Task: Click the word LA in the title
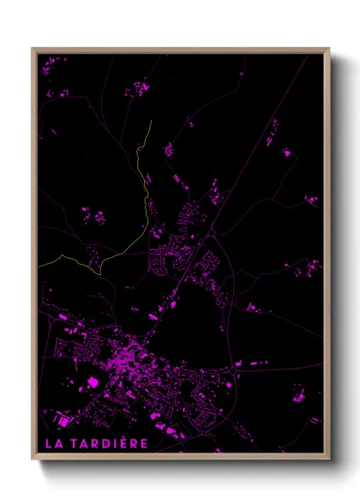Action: [53, 443]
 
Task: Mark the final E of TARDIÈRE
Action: [144, 443]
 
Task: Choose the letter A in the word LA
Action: [58, 443]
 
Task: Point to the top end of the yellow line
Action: [151, 121]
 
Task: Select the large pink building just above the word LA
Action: [61, 420]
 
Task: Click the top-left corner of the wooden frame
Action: [33, 49]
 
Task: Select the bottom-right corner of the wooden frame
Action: [329, 459]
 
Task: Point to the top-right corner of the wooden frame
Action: [329, 49]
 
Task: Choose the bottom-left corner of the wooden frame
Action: [33, 459]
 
